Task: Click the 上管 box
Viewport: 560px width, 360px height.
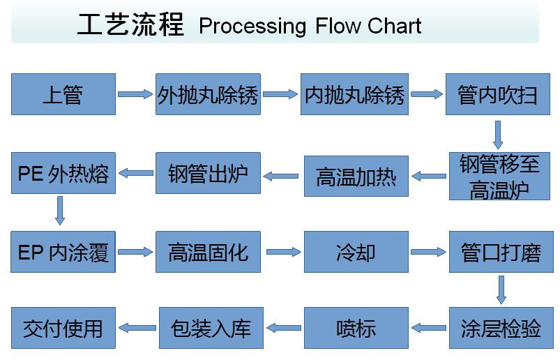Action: pyautogui.click(x=63, y=94)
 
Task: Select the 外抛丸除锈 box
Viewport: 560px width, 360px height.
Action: pyautogui.click(x=208, y=94)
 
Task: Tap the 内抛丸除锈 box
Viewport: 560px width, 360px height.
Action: pyautogui.click(x=354, y=94)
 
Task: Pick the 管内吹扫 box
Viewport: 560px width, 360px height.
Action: pyautogui.click(x=497, y=94)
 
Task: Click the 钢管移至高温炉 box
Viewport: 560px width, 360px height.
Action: pyautogui.click(x=499, y=176)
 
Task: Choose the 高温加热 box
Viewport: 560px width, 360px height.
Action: pyautogui.click(x=356, y=176)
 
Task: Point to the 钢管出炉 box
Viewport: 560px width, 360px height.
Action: pyautogui.click(x=208, y=173)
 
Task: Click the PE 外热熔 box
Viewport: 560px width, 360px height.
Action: pyautogui.click(x=63, y=173)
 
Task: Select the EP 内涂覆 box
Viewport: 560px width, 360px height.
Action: pyautogui.click(x=63, y=252)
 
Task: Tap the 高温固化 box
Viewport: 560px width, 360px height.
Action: pyautogui.click(x=208, y=252)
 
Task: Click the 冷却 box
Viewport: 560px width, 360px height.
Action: pyautogui.click(x=356, y=252)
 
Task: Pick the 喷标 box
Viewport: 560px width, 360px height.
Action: pyautogui.click(x=356, y=328)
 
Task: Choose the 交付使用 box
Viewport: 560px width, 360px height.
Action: pyautogui.click(x=63, y=328)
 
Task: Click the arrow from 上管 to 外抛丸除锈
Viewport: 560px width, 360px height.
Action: pyautogui.click(x=135, y=94)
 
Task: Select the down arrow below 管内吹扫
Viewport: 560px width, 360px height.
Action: pyautogui.click(x=498, y=135)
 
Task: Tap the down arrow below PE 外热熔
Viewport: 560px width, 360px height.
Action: pyautogui.click(x=60, y=211)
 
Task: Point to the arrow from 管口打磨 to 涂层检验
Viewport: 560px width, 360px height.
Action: pyautogui.click(x=501, y=290)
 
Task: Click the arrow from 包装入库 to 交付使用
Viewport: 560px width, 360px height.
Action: pyautogui.click(x=137, y=328)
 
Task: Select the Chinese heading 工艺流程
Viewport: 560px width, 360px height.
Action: pyautogui.click(x=130, y=24)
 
